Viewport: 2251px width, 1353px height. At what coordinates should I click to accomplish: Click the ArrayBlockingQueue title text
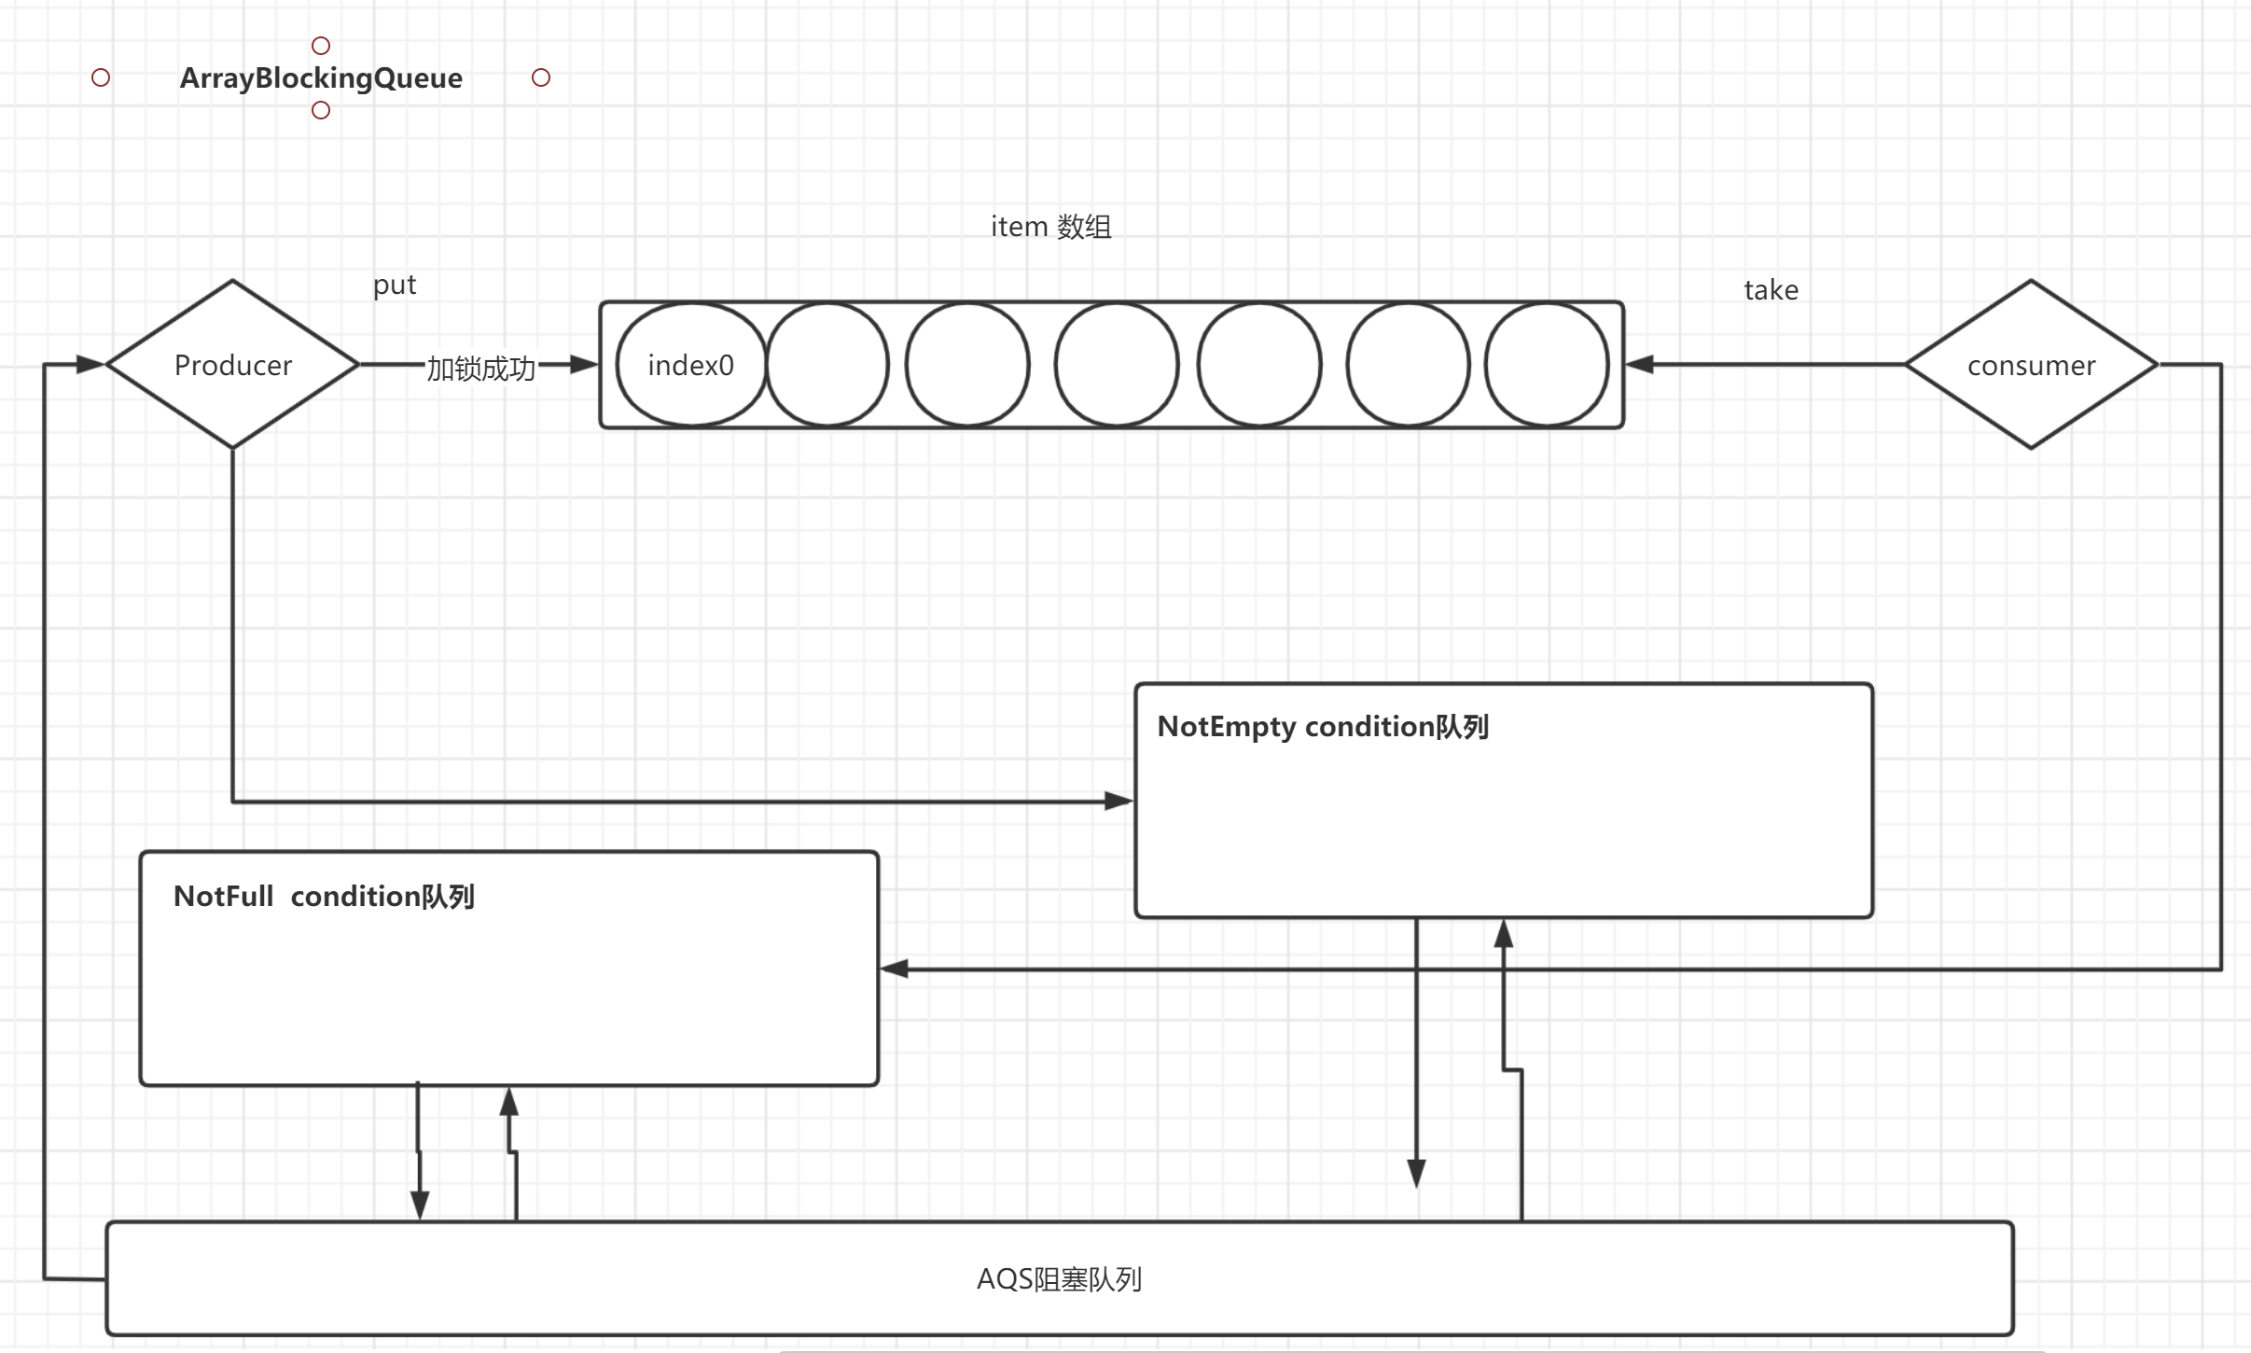tap(321, 77)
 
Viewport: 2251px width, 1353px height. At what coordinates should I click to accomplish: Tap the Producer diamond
tap(233, 365)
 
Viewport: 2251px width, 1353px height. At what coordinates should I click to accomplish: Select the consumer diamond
tap(2031, 365)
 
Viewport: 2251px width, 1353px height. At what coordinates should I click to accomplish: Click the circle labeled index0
tap(691, 365)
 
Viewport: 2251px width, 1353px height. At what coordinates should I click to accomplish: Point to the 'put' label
tap(395, 285)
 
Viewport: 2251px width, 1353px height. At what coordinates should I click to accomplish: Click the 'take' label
tap(1771, 290)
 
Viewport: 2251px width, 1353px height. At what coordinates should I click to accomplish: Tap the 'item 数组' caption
tap(1050, 227)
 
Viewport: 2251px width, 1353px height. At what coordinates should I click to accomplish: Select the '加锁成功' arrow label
tap(481, 369)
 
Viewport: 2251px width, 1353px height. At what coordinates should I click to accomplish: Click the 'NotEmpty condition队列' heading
tap(1322, 727)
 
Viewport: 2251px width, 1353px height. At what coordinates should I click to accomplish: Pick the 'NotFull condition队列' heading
tap(324, 897)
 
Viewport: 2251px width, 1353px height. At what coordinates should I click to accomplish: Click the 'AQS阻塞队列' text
tap(1059, 1278)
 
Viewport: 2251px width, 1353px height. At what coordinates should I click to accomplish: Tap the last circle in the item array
tap(1546, 365)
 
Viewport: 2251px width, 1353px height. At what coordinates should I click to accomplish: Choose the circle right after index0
tap(827, 365)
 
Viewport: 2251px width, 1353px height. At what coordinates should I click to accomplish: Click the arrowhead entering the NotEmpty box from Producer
tap(1119, 801)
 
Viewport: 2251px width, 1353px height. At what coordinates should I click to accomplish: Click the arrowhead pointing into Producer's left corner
tap(90, 364)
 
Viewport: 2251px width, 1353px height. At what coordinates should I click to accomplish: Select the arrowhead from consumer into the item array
tap(1640, 364)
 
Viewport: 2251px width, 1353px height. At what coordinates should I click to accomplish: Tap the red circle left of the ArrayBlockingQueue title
tap(101, 77)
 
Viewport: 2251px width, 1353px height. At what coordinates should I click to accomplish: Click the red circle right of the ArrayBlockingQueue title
tap(541, 77)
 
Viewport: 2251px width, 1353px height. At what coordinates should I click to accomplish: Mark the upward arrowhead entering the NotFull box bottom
tap(509, 1103)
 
